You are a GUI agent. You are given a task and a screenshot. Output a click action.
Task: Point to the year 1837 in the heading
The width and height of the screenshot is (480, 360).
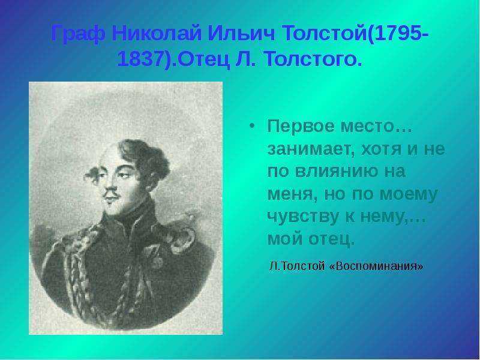tap(139, 59)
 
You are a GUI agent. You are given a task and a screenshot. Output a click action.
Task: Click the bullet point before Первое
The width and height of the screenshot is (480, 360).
tap(251, 126)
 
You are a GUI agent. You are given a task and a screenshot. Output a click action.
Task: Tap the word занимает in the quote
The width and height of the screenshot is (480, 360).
tap(309, 149)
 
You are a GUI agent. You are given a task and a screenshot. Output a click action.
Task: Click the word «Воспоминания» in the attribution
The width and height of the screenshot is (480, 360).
tap(377, 266)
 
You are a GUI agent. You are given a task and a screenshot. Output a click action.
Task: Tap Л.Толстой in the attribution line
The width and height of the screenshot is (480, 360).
tap(296, 266)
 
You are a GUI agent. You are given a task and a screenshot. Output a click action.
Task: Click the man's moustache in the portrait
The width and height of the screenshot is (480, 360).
tap(111, 193)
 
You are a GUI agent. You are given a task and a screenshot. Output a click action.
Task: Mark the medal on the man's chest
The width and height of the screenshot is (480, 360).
tap(155, 257)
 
